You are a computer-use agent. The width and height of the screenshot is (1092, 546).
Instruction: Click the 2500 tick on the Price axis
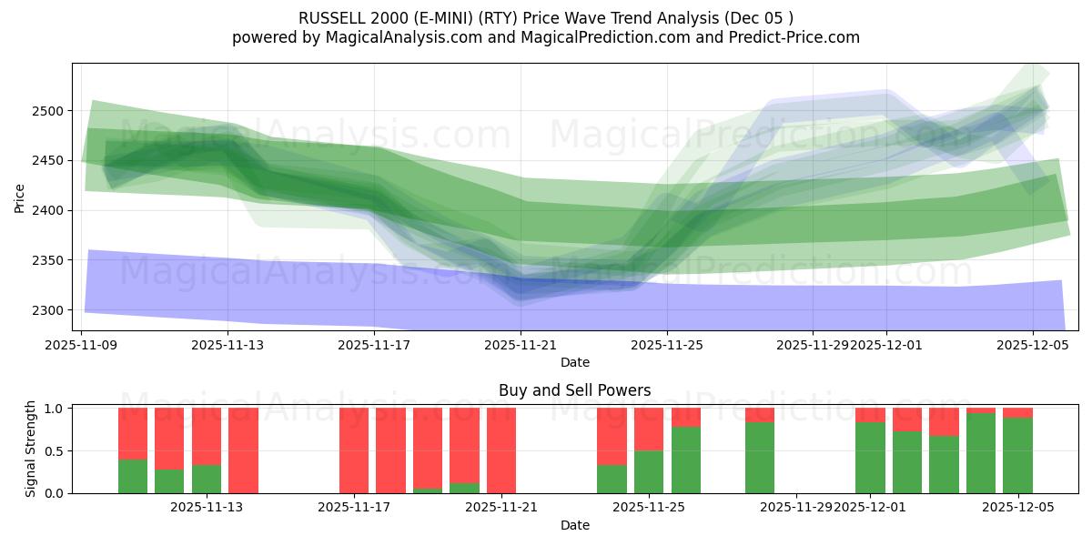click(52, 111)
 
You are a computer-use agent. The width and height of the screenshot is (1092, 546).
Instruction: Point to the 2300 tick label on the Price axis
click(52, 310)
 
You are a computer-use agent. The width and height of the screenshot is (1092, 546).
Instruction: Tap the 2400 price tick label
click(52, 211)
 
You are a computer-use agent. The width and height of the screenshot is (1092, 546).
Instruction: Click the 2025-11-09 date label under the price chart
click(83, 346)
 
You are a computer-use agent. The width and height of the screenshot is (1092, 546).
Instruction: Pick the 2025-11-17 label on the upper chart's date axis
click(374, 346)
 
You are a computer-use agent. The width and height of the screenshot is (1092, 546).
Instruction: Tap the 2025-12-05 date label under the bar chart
click(1017, 508)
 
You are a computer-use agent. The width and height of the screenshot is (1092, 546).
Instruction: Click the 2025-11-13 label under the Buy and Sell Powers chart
click(207, 508)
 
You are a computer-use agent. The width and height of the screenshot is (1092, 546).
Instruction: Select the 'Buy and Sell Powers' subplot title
click(574, 390)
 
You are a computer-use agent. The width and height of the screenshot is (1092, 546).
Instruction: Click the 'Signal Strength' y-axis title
click(31, 449)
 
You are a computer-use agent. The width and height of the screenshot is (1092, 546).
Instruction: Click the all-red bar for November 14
click(243, 450)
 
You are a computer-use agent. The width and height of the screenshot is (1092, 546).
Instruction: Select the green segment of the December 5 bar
click(1017, 456)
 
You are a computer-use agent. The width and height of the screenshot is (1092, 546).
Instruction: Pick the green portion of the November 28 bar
click(760, 458)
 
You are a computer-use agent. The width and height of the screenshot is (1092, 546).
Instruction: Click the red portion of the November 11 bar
click(133, 433)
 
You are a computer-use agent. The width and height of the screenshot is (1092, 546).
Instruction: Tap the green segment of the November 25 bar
click(649, 471)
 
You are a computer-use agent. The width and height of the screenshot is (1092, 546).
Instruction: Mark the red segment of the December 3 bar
click(944, 421)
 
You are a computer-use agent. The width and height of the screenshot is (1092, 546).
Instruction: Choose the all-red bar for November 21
click(501, 450)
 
